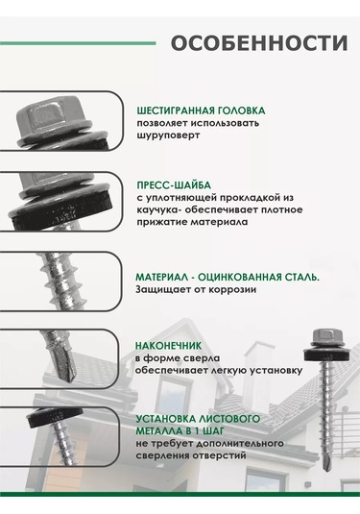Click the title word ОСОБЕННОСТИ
click(x=259, y=43)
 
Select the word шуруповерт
click(x=168, y=135)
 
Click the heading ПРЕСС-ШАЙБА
click(x=174, y=185)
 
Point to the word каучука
click(x=157, y=209)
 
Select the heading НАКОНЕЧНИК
click(x=168, y=346)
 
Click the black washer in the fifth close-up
click(x=54, y=416)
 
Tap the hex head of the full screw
click(x=325, y=335)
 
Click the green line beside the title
click(x=78, y=43)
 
